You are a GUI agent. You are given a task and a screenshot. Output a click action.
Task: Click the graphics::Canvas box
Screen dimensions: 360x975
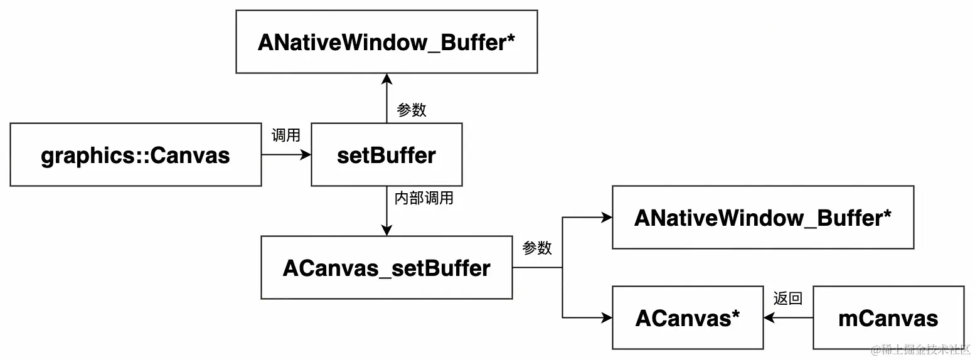tap(136, 155)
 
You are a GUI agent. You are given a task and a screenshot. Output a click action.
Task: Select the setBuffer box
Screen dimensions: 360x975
tap(386, 155)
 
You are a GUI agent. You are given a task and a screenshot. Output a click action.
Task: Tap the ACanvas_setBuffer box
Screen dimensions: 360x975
tap(386, 268)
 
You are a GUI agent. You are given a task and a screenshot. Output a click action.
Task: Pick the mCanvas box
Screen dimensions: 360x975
tap(888, 318)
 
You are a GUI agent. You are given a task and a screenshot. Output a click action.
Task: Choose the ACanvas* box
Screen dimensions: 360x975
tap(688, 318)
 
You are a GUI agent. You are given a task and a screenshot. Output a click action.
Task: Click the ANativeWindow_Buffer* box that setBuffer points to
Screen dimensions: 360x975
tap(386, 42)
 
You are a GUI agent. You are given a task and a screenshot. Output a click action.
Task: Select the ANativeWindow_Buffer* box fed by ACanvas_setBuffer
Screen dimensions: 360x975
tap(763, 218)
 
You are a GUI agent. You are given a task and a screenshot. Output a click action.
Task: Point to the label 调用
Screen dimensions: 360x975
tap(285, 135)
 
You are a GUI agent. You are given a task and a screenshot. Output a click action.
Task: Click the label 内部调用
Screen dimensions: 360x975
tap(424, 199)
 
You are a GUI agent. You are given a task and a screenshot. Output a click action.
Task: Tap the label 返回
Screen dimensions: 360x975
tap(787, 299)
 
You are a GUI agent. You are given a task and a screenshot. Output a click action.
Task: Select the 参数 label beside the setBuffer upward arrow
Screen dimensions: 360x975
tap(412, 110)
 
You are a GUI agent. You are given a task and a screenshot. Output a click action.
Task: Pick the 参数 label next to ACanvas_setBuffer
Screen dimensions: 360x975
tap(537, 248)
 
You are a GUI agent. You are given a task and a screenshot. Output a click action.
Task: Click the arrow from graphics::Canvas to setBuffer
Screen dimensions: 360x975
tap(285, 155)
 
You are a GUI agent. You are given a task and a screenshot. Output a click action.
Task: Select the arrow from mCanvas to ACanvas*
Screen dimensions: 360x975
tap(788, 318)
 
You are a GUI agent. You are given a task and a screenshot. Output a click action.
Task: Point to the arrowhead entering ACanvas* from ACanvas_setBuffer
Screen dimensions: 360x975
tap(607, 318)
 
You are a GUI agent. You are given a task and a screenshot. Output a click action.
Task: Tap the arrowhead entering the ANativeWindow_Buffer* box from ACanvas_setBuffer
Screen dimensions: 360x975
tap(607, 218)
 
